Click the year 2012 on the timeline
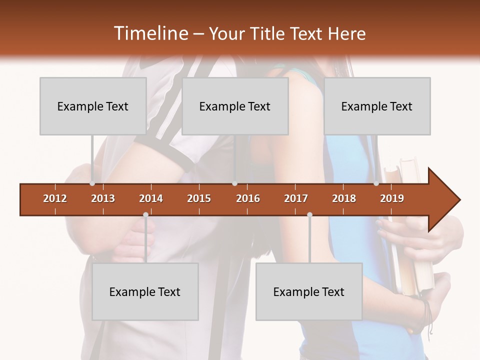pyautogui.click(x=55, y=198)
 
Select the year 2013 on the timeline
pyautogui.click(x=103, y=198)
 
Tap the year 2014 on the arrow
pyautogui.click(x=151, y=198)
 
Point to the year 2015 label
pyautogui.click(x=199, y=198)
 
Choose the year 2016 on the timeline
pyautogui.click(x=248, y=198)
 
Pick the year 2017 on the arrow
pyautogui.click(x=296, y=198)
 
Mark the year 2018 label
pyautogui.click(x=344, y=198)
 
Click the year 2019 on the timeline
pyautogui.click(x=392, y=198)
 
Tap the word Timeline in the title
pyautogui.click(x=150, y=33)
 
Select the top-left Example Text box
pyautogui.click(x=93, y=106)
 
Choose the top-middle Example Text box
pyautogui.click(x=235, y=106)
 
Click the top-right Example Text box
pyautogui.click(x=377, y=106)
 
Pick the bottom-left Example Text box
pyautogui.click(x=145, y=291)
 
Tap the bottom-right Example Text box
pyautogui.click(x=309, y=291)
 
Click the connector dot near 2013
pyautogui.click(x=92, y=183)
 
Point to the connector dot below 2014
pyautogui.click(x=145, y=214)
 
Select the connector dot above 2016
pyautogui.click(x=234, y=183)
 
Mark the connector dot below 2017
pyautogui.click(x=309, y=214)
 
